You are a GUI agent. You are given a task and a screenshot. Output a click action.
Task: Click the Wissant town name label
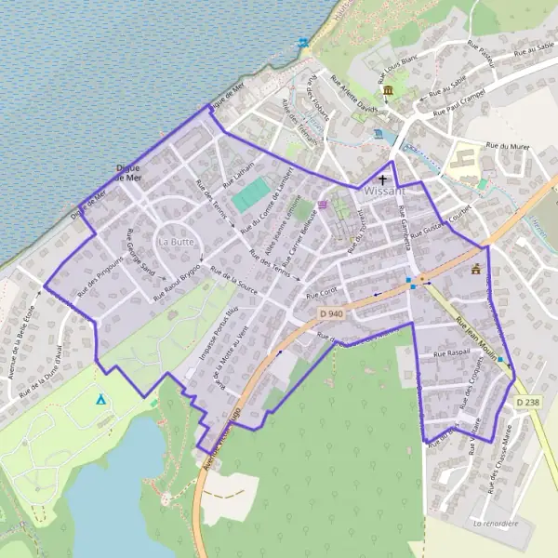(x=385, y=191)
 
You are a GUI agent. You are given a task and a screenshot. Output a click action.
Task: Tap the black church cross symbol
(x=382, y=179)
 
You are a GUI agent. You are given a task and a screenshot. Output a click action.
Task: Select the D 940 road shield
(x=330, y=314)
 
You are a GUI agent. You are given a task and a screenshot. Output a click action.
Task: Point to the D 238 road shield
(x=525, y=401)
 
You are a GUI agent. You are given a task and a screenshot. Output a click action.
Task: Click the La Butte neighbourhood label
(x=175, y=241)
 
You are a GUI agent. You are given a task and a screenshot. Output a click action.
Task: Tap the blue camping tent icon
(x=100, y=400)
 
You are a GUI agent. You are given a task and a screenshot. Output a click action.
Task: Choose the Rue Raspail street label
(x=445, y=354)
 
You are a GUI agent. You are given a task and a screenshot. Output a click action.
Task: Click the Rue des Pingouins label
(x=100, y=276)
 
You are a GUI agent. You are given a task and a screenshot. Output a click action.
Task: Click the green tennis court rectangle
(x=250, y=194)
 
